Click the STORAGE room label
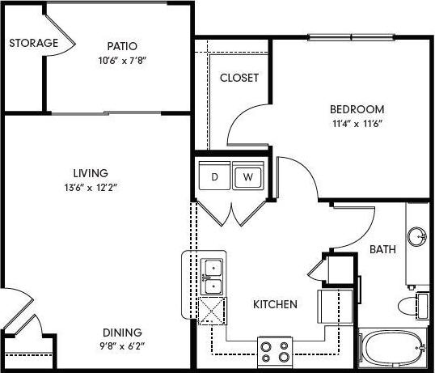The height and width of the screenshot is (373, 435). tap(34, 43)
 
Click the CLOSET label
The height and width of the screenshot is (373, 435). tap(239, 78)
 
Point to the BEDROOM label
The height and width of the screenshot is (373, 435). tap(357, 109)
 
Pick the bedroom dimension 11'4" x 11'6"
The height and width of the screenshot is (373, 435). tap(357, 124)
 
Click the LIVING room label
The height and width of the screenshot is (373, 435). tap(88, 172)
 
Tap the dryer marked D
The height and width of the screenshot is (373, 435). tap(215, 176)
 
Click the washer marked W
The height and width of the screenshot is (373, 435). tap(247, 176)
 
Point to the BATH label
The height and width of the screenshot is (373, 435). tap(382, 249)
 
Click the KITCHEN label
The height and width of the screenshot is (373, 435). tap(276, 305)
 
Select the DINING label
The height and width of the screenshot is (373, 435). tap(122, 332)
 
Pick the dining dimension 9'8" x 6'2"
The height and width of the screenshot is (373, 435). tap(122, 346)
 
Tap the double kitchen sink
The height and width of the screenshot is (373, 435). tap(213, 276)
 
